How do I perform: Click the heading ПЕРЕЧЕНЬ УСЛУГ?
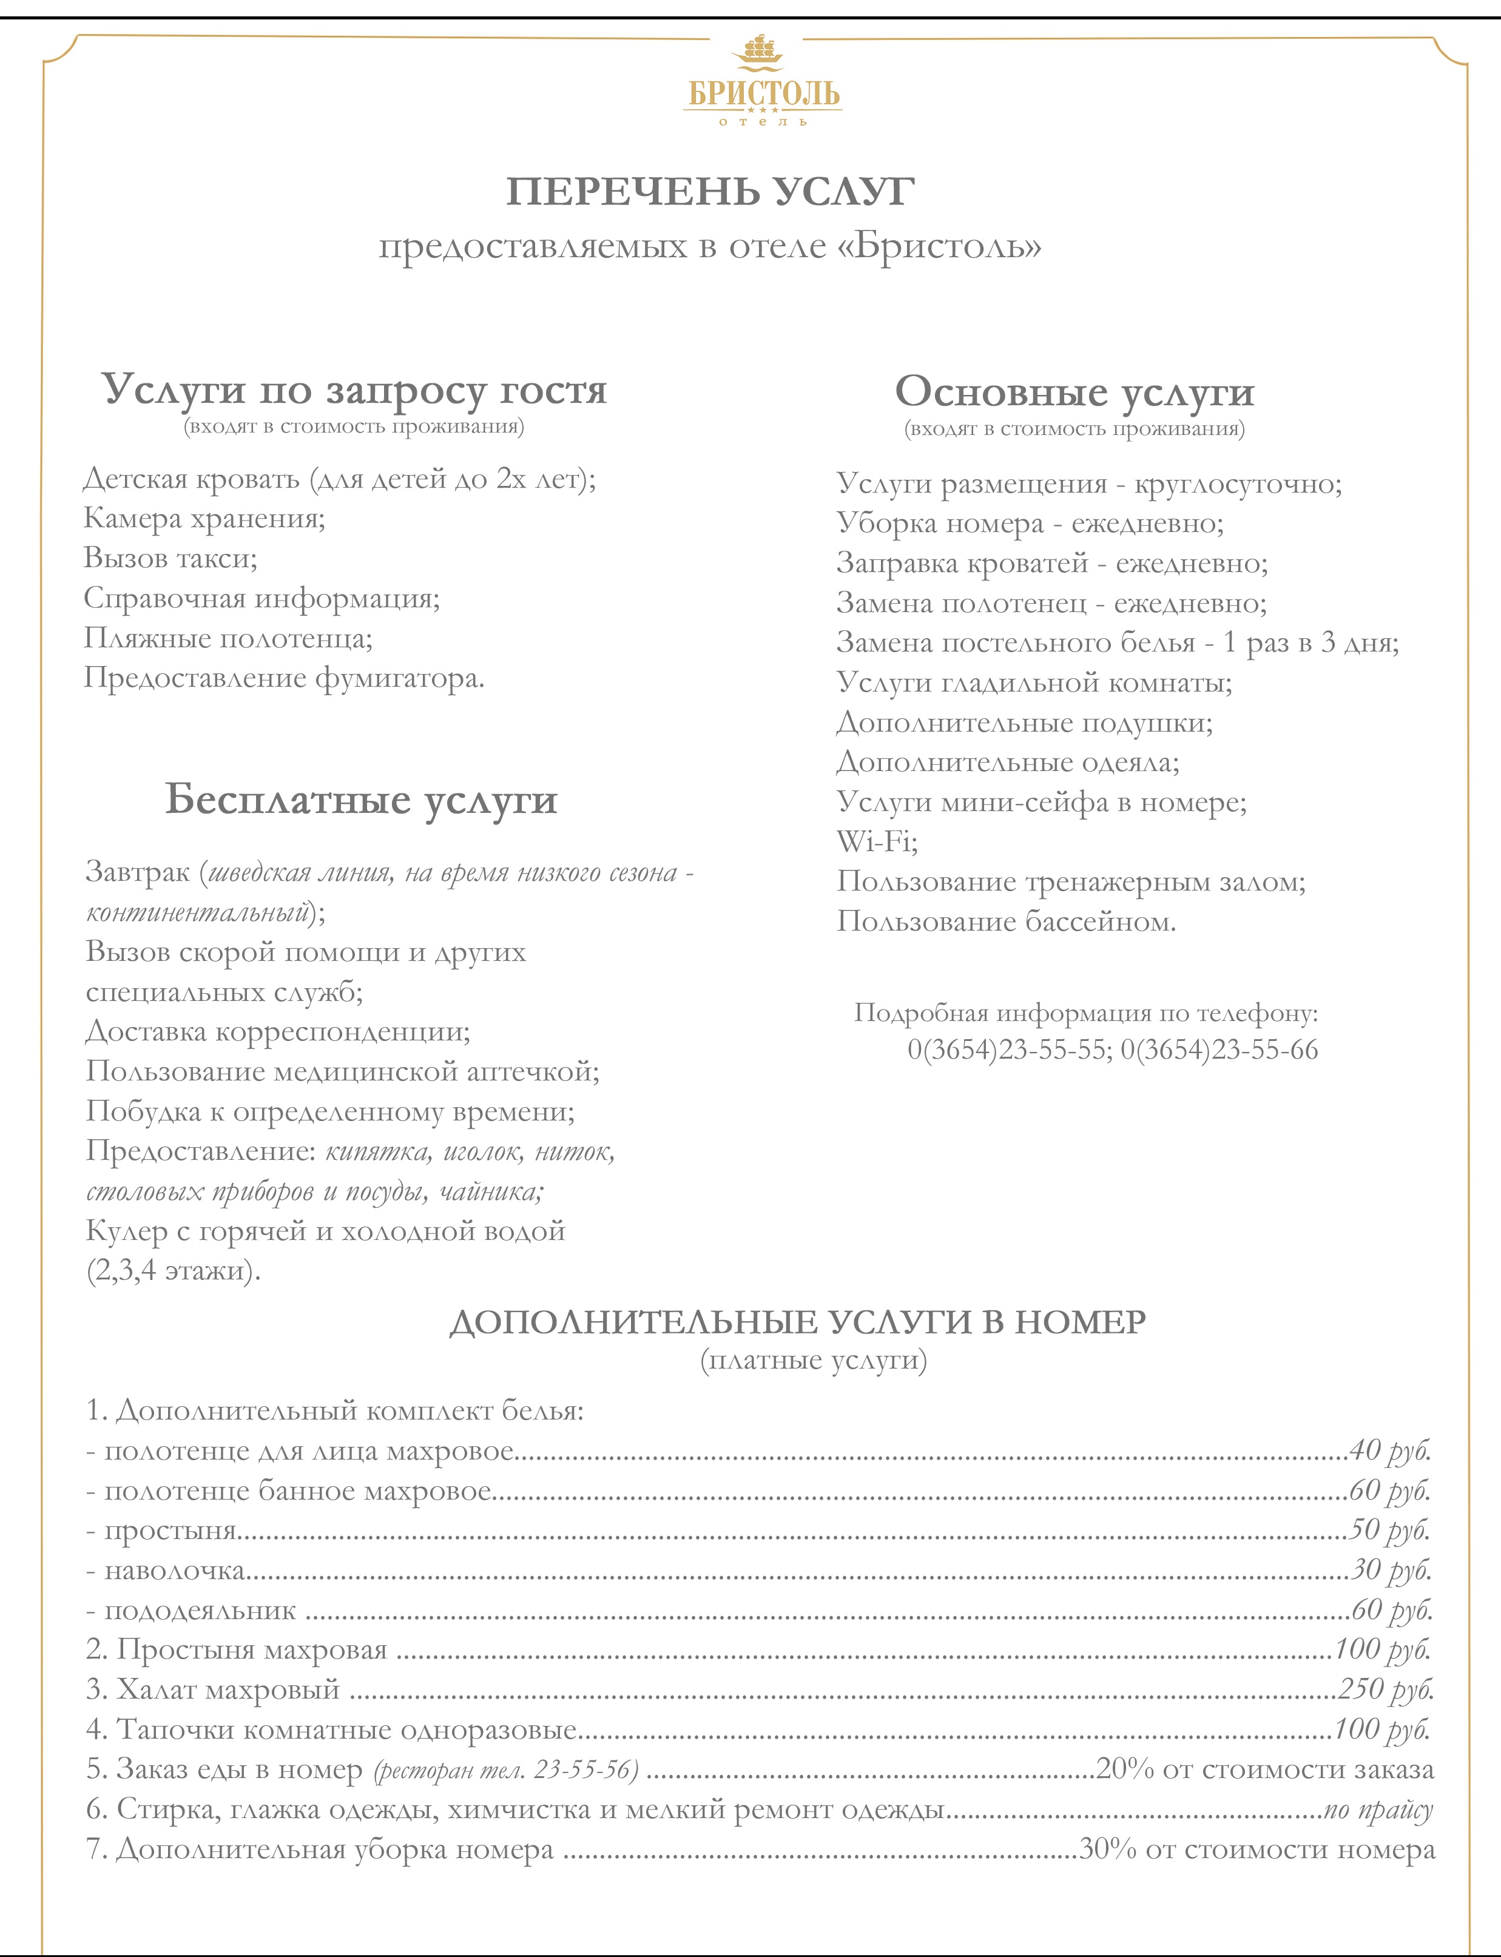pos(710,192)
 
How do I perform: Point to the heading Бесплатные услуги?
pos(361,800)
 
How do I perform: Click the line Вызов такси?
pos(170,558)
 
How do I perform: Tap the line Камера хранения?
pos(204,518)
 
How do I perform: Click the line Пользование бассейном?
pos(1006,921)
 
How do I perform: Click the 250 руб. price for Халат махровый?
pos(1385,1689)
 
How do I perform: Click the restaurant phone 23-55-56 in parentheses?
pos(585,1770)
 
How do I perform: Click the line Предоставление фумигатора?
pos(284,678)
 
